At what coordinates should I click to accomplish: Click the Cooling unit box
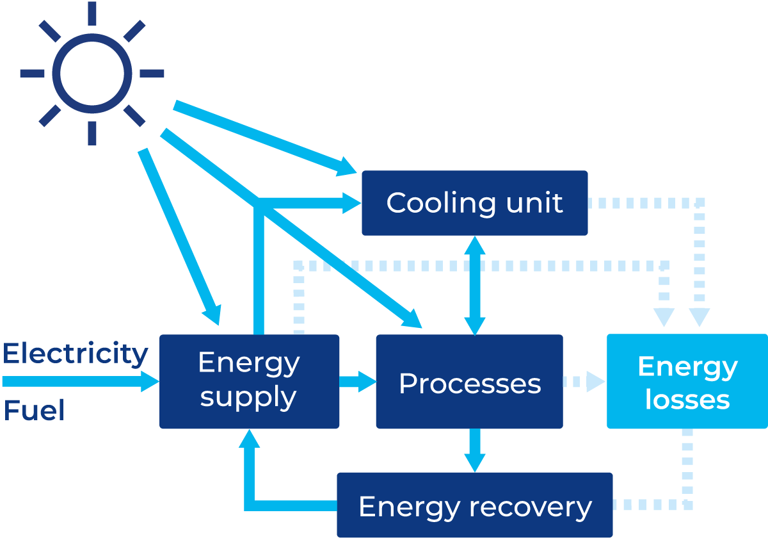pyautogui.click(x=474, y=202)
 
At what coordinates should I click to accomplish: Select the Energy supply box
pyautogui.click(x=249, y=380)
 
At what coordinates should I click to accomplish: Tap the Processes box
pyautogui.click(x=469, y=382)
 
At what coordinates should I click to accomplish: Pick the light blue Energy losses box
pyautogui.click(x=687, y=382)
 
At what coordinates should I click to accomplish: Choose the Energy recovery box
pyautogui.click(x=474, y=505)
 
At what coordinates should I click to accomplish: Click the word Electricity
pyautogui.click(x=75, y=354)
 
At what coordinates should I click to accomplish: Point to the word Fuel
pyautogui.click(x=34, y=411)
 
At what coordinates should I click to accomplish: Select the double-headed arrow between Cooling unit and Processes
pyautogui.click(x=475, y=285)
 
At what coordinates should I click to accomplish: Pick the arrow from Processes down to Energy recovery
pyautogui.click(x=475, y=451)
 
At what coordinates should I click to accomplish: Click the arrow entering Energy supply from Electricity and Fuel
pyautogui.click(x=80, y=382)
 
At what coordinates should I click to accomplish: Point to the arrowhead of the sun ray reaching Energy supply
pyautogui.click(x=212, y=315)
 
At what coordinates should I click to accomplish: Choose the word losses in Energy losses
pyautogui.click(x=687, y=400)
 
